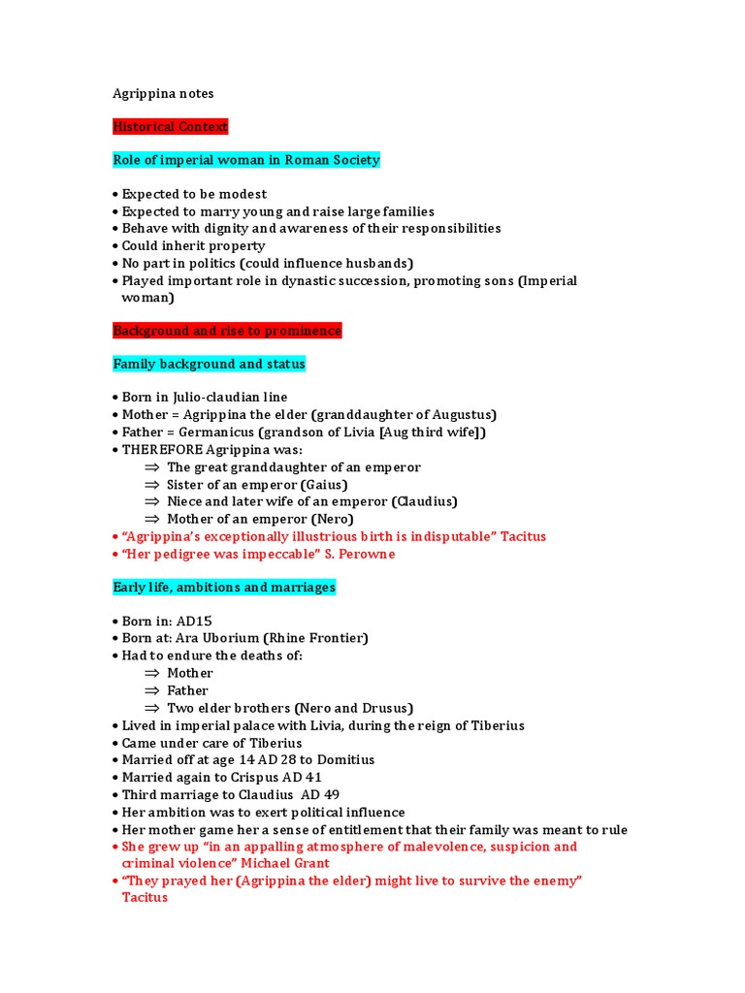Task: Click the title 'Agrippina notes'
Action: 163,94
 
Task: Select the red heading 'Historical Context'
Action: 171,127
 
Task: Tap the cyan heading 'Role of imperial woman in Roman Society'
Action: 246,160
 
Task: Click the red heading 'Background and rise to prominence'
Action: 227,331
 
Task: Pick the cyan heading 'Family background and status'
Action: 209,364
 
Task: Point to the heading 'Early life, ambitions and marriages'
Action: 224,587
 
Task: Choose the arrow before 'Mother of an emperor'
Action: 151,520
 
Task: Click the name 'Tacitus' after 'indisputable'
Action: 523,536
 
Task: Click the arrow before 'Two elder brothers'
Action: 151,708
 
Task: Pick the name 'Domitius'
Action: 341,760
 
